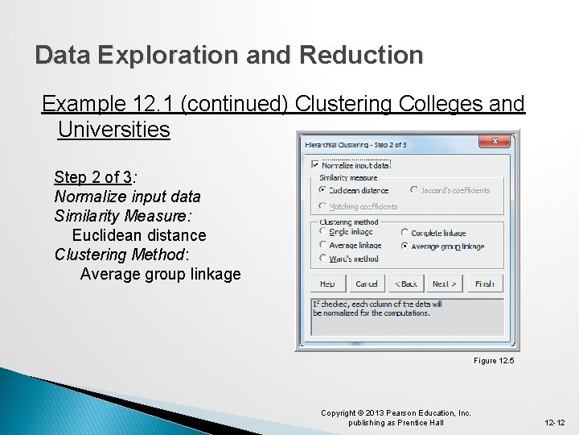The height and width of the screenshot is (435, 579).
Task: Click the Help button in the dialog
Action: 328,284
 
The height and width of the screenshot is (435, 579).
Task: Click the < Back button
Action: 406,284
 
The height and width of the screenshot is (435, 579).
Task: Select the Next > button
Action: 445,284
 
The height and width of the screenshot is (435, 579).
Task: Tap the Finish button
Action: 484,284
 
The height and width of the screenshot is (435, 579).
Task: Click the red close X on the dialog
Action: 495,141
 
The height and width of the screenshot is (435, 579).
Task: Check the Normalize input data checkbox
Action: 315,165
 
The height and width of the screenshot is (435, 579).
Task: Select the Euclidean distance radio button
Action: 322,190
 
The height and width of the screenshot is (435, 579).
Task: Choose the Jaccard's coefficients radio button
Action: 414,190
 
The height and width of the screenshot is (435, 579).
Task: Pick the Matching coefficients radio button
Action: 322,206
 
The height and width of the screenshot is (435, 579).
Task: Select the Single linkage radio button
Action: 322,232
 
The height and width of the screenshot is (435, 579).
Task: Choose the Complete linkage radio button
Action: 404,233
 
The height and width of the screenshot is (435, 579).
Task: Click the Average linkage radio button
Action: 322,245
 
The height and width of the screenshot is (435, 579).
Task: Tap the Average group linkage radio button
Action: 404,246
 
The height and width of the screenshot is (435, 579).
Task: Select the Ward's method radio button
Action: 322,259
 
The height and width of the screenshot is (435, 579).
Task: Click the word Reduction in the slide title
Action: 361,55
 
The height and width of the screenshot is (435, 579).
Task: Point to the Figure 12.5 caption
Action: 493,360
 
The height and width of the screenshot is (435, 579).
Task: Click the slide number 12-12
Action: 555,422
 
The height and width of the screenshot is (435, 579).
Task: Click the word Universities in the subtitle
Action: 113,129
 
